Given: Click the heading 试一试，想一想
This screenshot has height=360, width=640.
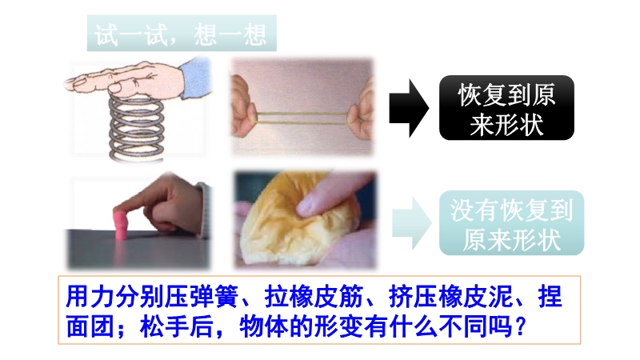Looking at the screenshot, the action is tap(181, 34).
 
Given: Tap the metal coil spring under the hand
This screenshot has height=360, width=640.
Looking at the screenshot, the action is tap(136, 128).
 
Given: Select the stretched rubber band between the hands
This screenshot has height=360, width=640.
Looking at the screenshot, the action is tap(302, 117).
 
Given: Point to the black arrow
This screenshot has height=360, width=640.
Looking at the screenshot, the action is tap(409, 108).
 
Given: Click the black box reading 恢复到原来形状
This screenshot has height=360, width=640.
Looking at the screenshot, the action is tap(506, 108).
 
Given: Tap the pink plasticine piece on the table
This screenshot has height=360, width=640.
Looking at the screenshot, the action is tap(122, 225).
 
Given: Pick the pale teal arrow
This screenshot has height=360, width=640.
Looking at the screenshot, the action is tap(411, 223).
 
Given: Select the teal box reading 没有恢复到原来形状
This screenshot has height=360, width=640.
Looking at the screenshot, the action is tap(511, 223).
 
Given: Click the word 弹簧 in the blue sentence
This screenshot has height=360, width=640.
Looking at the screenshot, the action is tap(214, 297).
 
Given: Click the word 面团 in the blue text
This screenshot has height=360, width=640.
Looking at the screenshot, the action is tap(90, 327).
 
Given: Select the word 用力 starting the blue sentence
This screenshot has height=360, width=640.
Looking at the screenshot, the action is tap(90, 297).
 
